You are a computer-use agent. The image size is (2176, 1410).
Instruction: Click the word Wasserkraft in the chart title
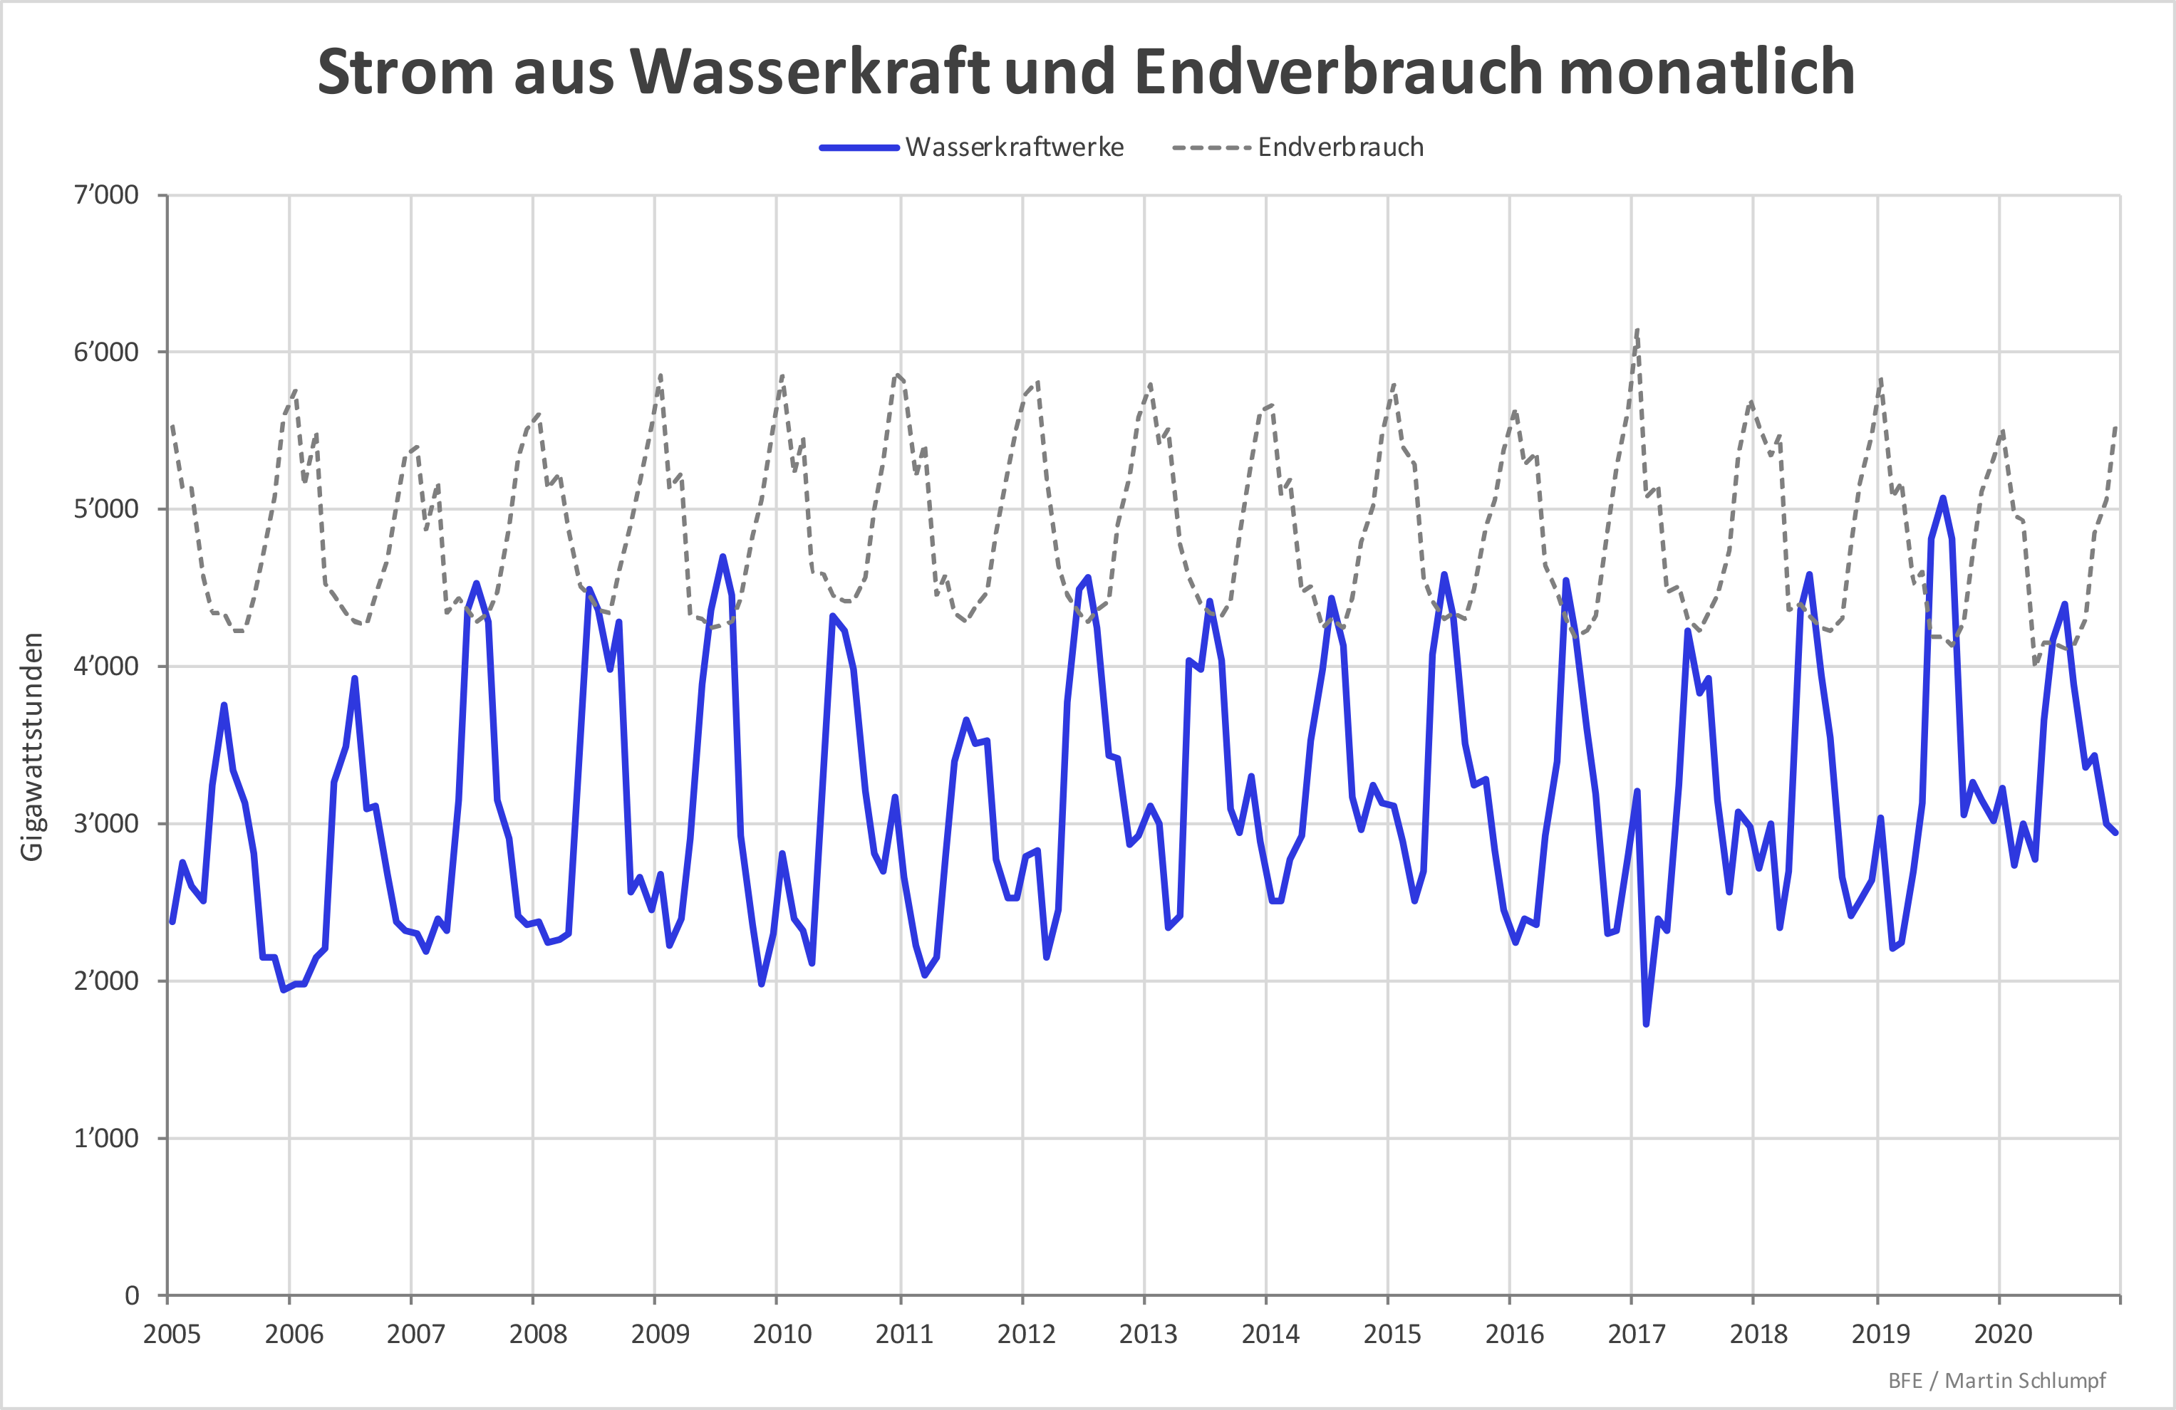pyautogui.click(x=809, y=72)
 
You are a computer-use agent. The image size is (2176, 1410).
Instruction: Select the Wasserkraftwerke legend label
pyautogui.click(x=1014, y=147)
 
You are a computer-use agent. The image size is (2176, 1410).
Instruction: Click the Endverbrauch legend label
pyautogui.click(x=1340, y=147)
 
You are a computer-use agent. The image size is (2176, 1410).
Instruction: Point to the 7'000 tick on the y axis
pyautogui.click(x=106, y=194)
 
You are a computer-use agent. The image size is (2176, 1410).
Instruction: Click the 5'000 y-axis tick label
pyautogui.click(x=106, y=509)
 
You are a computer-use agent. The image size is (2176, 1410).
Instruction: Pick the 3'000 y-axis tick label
pyautogui.click(x=106, y=823)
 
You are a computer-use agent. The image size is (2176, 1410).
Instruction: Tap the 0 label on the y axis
pyautogui.click(x=132, y=1295)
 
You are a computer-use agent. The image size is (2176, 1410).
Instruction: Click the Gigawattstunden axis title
pyautogui.click(x=32, y=746)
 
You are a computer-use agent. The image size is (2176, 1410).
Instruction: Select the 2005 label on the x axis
pyautogui.click(x=172, y=1334)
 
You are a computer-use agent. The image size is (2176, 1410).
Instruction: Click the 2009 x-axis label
pyautogui.click(x=660, y=1334)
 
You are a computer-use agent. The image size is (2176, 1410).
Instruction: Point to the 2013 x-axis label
pyautogui.click(x=1149, y=1334)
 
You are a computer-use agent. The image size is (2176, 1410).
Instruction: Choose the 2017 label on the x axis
pyautogui.click(x=1637, y=1334)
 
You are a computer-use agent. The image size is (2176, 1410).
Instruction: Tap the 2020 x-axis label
pyautogui.click(x=2003, y=1334)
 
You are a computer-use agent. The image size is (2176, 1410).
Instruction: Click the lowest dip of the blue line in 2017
pyautogui.click(x=1646, y=1024)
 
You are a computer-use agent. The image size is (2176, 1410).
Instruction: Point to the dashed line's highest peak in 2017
pyautogui.click(x=1637, y=329)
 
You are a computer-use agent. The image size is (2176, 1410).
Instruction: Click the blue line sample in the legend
pyautogui.click(x=859, y=148)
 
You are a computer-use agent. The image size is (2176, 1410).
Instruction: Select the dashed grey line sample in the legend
pyautogui.click(x=1211, y=148)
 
